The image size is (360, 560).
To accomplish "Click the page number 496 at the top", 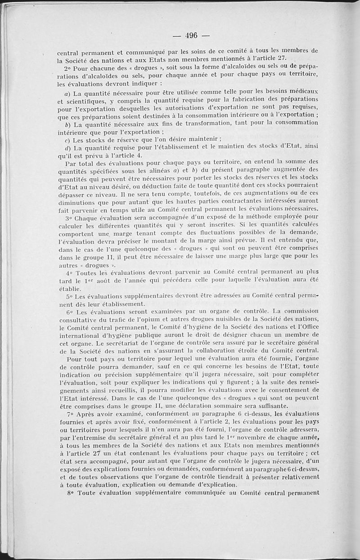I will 191,36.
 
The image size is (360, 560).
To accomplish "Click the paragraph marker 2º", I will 69,67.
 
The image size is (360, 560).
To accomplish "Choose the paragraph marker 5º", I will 69,296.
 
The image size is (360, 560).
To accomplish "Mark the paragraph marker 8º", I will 69,493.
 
